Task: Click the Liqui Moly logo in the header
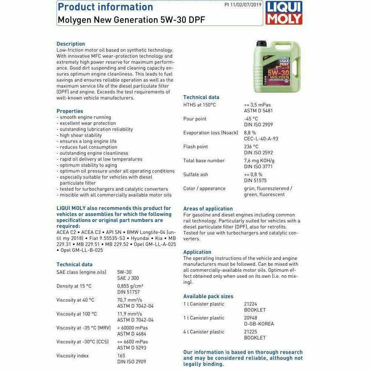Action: (x=284, y=13)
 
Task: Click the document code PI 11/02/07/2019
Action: (x=243, y=5)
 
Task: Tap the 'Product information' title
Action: (x=105, y=7)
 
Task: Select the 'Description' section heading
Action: (x=71, y=44)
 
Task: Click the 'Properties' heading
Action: (x=70, y=111)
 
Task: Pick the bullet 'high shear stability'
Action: (x=81, y=135)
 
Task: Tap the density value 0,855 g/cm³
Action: (x=130, y=286)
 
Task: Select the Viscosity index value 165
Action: (x=121, y=356)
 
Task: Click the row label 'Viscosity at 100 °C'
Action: (x=77, y=314)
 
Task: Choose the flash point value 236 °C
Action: (x=251, y=147)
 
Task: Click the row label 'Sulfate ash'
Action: (x=196, y=174)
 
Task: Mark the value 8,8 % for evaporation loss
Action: (x=250, y=132)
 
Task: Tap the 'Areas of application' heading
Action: (x=208, y=209)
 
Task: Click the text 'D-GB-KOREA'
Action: (x=259, y=324)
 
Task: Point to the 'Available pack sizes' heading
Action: (x=208, y=296)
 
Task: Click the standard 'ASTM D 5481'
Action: (x=258, y=111)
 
